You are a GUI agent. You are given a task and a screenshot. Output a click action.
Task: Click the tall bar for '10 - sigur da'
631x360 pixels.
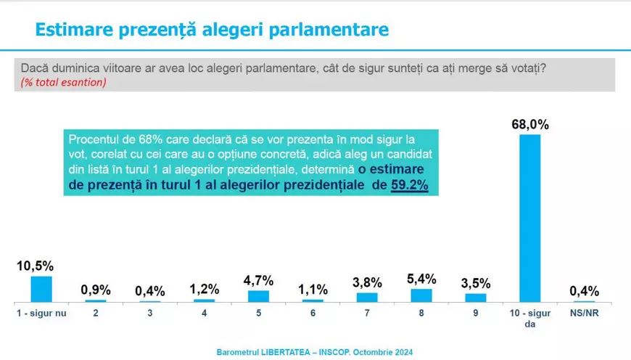530,218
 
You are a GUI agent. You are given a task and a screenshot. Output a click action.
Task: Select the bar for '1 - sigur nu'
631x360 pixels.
41,289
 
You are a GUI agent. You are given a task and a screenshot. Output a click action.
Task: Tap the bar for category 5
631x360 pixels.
258,295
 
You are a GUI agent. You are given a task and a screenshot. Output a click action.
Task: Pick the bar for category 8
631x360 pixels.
421,295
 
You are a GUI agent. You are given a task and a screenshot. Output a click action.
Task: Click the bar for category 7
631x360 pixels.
367,296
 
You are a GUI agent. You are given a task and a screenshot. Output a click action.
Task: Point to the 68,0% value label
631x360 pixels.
530,125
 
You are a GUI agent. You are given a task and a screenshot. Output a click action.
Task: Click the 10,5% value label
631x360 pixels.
34,266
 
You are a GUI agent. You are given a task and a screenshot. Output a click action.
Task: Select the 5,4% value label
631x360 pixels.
421,279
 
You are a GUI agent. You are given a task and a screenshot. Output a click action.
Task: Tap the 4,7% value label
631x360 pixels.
258,280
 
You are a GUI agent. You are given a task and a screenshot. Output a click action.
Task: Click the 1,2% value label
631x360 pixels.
204,290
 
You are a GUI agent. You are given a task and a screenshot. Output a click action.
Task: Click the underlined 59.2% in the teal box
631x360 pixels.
410,186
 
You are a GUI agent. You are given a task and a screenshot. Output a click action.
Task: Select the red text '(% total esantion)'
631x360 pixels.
64,82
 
